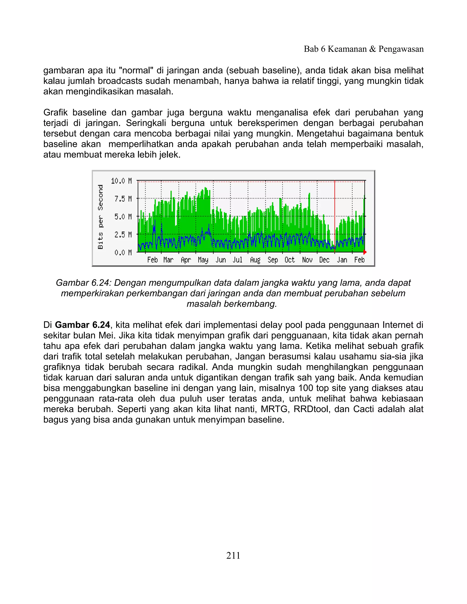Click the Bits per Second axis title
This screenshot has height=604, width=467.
pos(100,217)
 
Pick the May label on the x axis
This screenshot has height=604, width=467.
pos(203,260)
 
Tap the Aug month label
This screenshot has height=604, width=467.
pos(255,260)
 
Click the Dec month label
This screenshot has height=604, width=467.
pos(324,260)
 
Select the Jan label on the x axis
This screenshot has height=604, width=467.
pos(342,260)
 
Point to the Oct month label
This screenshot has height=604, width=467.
pos(290,260)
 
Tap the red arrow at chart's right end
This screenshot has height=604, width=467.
pos(365,252)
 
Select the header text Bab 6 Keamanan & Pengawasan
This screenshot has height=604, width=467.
pos(363,49)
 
